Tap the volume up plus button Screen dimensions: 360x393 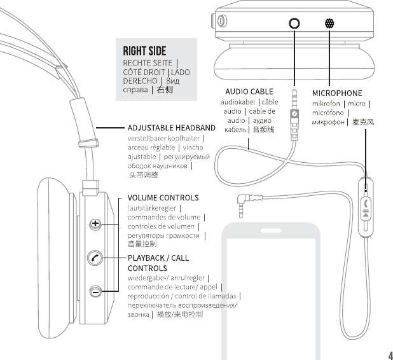pyautogui.click(x=95, y=223)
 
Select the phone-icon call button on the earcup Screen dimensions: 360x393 pyautogui.click(x=95, y=258)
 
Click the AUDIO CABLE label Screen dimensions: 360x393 pyautogui.click(x=249, y=92)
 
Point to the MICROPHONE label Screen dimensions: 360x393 pyautogui.click(x=337, y=93)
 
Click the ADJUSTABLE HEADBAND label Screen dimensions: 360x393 pyautogui.click(x=171, y=127)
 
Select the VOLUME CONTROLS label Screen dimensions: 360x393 pyautogui.click(x=163, y=197)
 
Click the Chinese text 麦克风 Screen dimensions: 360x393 pyautogui.click(x=363, y=121)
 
